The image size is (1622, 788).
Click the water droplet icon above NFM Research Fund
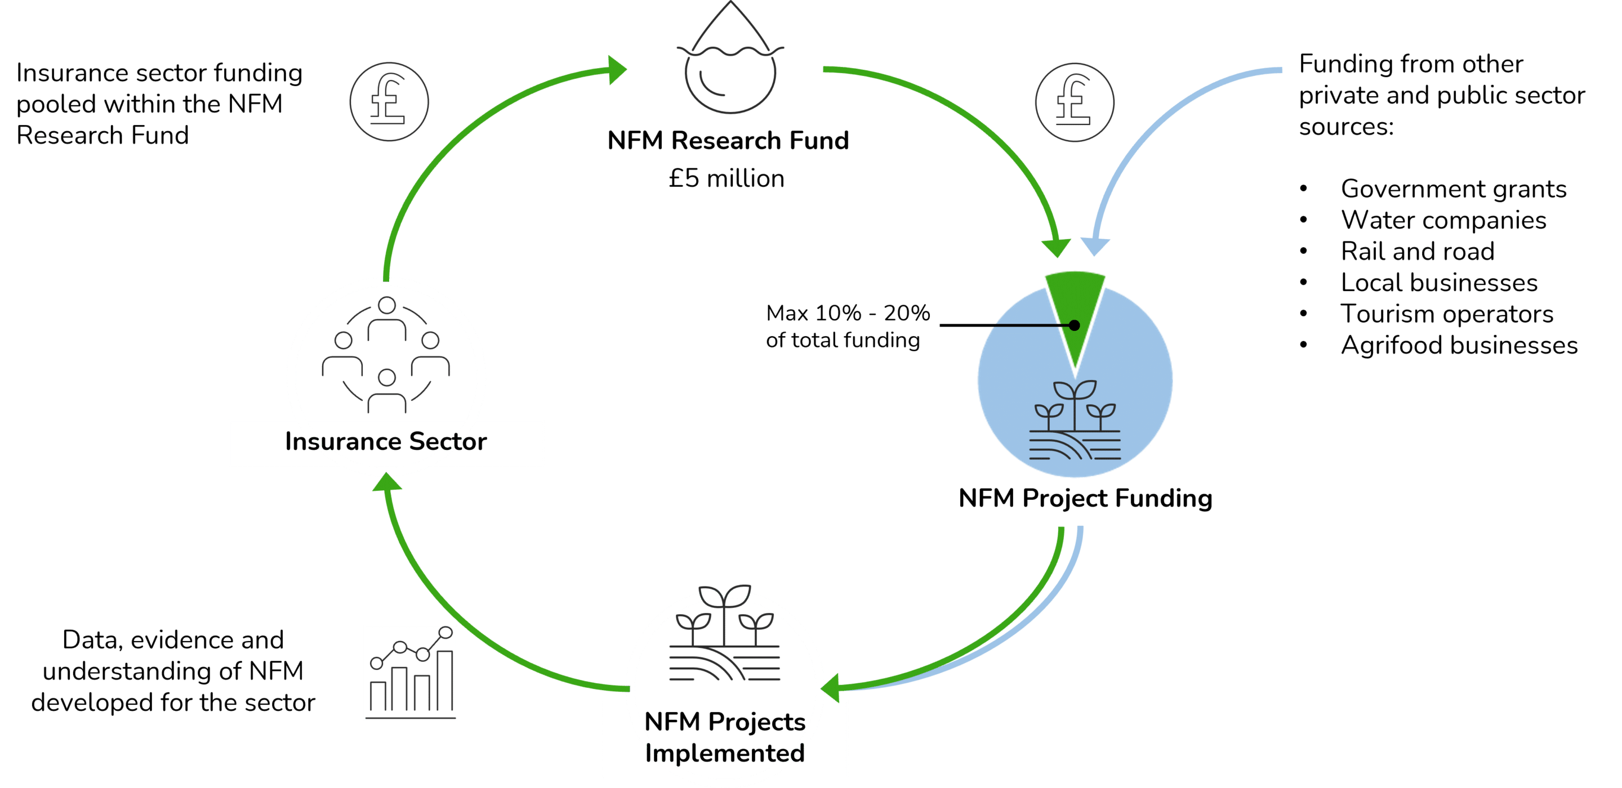point(730,63)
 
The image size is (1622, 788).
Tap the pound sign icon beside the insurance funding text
point(389,101)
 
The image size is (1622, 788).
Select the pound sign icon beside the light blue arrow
point(1074,102)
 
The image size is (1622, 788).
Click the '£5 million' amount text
point(727,179)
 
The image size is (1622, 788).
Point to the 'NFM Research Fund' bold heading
point(728,141)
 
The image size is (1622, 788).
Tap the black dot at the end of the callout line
point(1074,325)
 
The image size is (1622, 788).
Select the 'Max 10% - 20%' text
point(848,313)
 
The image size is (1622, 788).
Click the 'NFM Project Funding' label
point(1085,499)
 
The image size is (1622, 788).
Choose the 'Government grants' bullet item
point(1453,189)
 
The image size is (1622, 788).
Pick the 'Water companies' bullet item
point(1443,220)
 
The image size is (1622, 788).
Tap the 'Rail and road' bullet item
point(1418,252)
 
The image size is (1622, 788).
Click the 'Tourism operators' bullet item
point(1447,314)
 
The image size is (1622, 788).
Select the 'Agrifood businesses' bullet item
point(1459,346)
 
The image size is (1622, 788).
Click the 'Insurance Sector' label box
point(386,442)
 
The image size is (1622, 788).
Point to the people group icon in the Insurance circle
point(386,356)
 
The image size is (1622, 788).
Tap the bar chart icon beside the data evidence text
point(411,672)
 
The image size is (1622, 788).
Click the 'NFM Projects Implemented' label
point(725,738)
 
